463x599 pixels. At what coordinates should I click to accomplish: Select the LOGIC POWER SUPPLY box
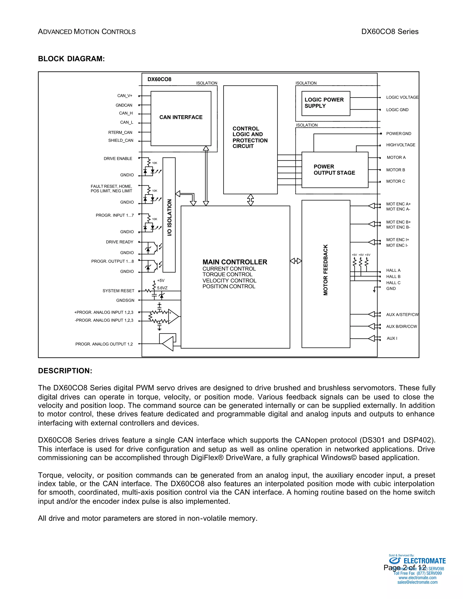coord(325,103)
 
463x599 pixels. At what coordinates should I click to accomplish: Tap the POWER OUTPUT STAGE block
coord(334,170)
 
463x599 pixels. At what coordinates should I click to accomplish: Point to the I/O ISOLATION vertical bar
coord(169,215)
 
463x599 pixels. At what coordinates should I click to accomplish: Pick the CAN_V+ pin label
coord(125,96)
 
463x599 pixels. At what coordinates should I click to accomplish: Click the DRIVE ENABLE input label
coord(118,158)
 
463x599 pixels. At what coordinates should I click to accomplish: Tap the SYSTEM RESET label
coord(118,291)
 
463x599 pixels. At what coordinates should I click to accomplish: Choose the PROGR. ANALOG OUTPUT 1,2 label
coord(104,344)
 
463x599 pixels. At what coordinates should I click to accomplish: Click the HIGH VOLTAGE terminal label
coord(400,145)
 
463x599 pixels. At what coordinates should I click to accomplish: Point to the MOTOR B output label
coord(396,170)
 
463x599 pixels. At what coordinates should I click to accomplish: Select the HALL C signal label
coord(393,283)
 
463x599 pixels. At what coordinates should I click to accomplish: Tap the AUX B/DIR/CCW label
coord(402,326)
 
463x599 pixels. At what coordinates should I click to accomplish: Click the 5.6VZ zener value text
coord(162,288)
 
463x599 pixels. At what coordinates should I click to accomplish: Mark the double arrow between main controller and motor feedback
coord(296,261)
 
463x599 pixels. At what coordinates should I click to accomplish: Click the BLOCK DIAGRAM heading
coord(71,59)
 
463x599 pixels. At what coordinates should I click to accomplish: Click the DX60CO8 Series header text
coord(390,32)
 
